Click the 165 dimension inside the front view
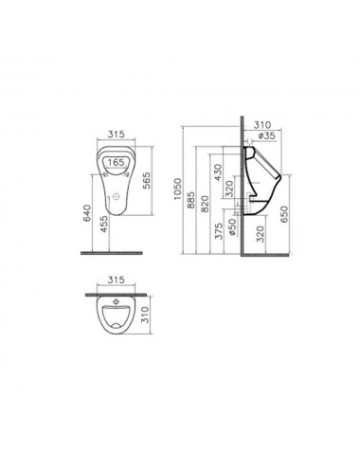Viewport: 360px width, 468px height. [x=116, y=163]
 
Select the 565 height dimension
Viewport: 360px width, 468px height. [x=146, y=181]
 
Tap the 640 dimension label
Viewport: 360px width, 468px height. [x=87, y=213]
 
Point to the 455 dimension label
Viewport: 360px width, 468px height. [x=104, y=225]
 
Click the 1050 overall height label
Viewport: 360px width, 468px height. [x=178, y=189]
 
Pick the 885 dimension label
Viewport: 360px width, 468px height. [x=190, y=200]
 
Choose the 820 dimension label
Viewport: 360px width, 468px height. [x=205, y=204]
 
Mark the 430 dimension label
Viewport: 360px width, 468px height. [x=218, y=172]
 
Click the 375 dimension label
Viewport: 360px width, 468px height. [x=219, y=231]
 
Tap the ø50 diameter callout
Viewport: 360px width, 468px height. [x=232, y=226]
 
